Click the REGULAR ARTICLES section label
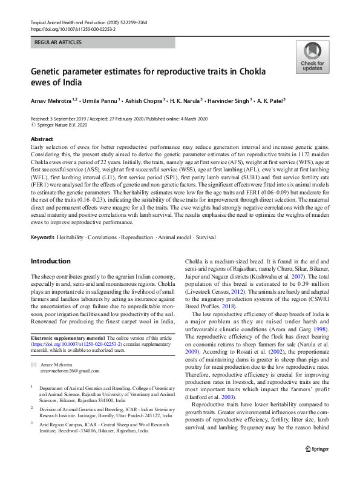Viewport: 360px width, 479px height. [x=57, y=42]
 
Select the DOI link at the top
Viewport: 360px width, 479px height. [x=73, y=28]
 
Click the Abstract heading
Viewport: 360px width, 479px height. [x=41, y=139]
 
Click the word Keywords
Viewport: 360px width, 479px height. [x=43, y=236]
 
